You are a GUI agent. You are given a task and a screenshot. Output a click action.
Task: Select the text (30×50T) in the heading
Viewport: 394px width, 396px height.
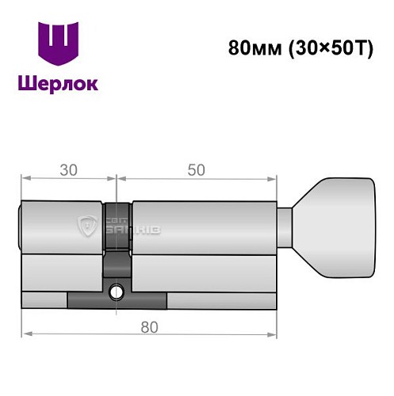click(x=320, y=46)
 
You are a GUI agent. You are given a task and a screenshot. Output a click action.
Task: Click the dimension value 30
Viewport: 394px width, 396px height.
click(x=67, y=169)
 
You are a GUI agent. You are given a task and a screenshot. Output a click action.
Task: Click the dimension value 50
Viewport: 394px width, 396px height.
click(x=196, y=169)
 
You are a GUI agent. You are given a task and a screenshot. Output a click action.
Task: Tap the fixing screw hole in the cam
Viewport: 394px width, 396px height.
click(x=118, y=291)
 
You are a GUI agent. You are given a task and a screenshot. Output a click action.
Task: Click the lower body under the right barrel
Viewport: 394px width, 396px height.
click(x=206, y=273)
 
